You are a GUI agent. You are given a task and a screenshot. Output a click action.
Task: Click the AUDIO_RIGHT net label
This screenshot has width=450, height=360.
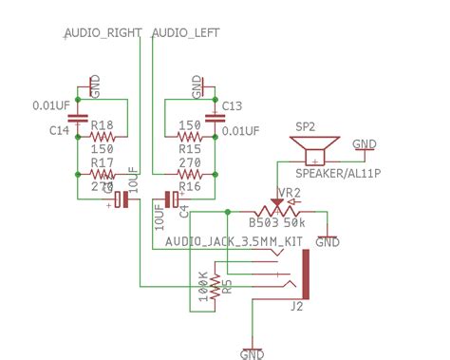pos(103,32)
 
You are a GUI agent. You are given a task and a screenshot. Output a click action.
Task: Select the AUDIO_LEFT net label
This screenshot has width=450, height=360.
pos(185,32)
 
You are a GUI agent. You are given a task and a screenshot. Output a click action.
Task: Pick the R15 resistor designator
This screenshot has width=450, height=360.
pos(189,150)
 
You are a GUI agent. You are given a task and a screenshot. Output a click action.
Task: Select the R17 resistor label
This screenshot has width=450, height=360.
pos(102,162)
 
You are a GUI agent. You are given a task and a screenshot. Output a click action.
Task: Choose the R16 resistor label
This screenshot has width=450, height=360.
pos(190,187)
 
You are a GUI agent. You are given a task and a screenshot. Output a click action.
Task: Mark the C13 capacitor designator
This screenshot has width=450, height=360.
pos(234,105)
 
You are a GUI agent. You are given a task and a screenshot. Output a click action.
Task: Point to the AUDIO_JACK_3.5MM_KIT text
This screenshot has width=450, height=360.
pos(234,242)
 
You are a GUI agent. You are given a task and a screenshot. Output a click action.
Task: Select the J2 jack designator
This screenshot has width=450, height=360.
pos(296,306)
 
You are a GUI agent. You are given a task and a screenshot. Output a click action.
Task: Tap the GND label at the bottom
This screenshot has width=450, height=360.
pos(252,354)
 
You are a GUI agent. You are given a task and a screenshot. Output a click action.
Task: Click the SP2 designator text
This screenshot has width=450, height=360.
pos(305,126)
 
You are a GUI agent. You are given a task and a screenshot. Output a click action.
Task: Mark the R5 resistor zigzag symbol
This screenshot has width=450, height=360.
pos(215,285)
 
